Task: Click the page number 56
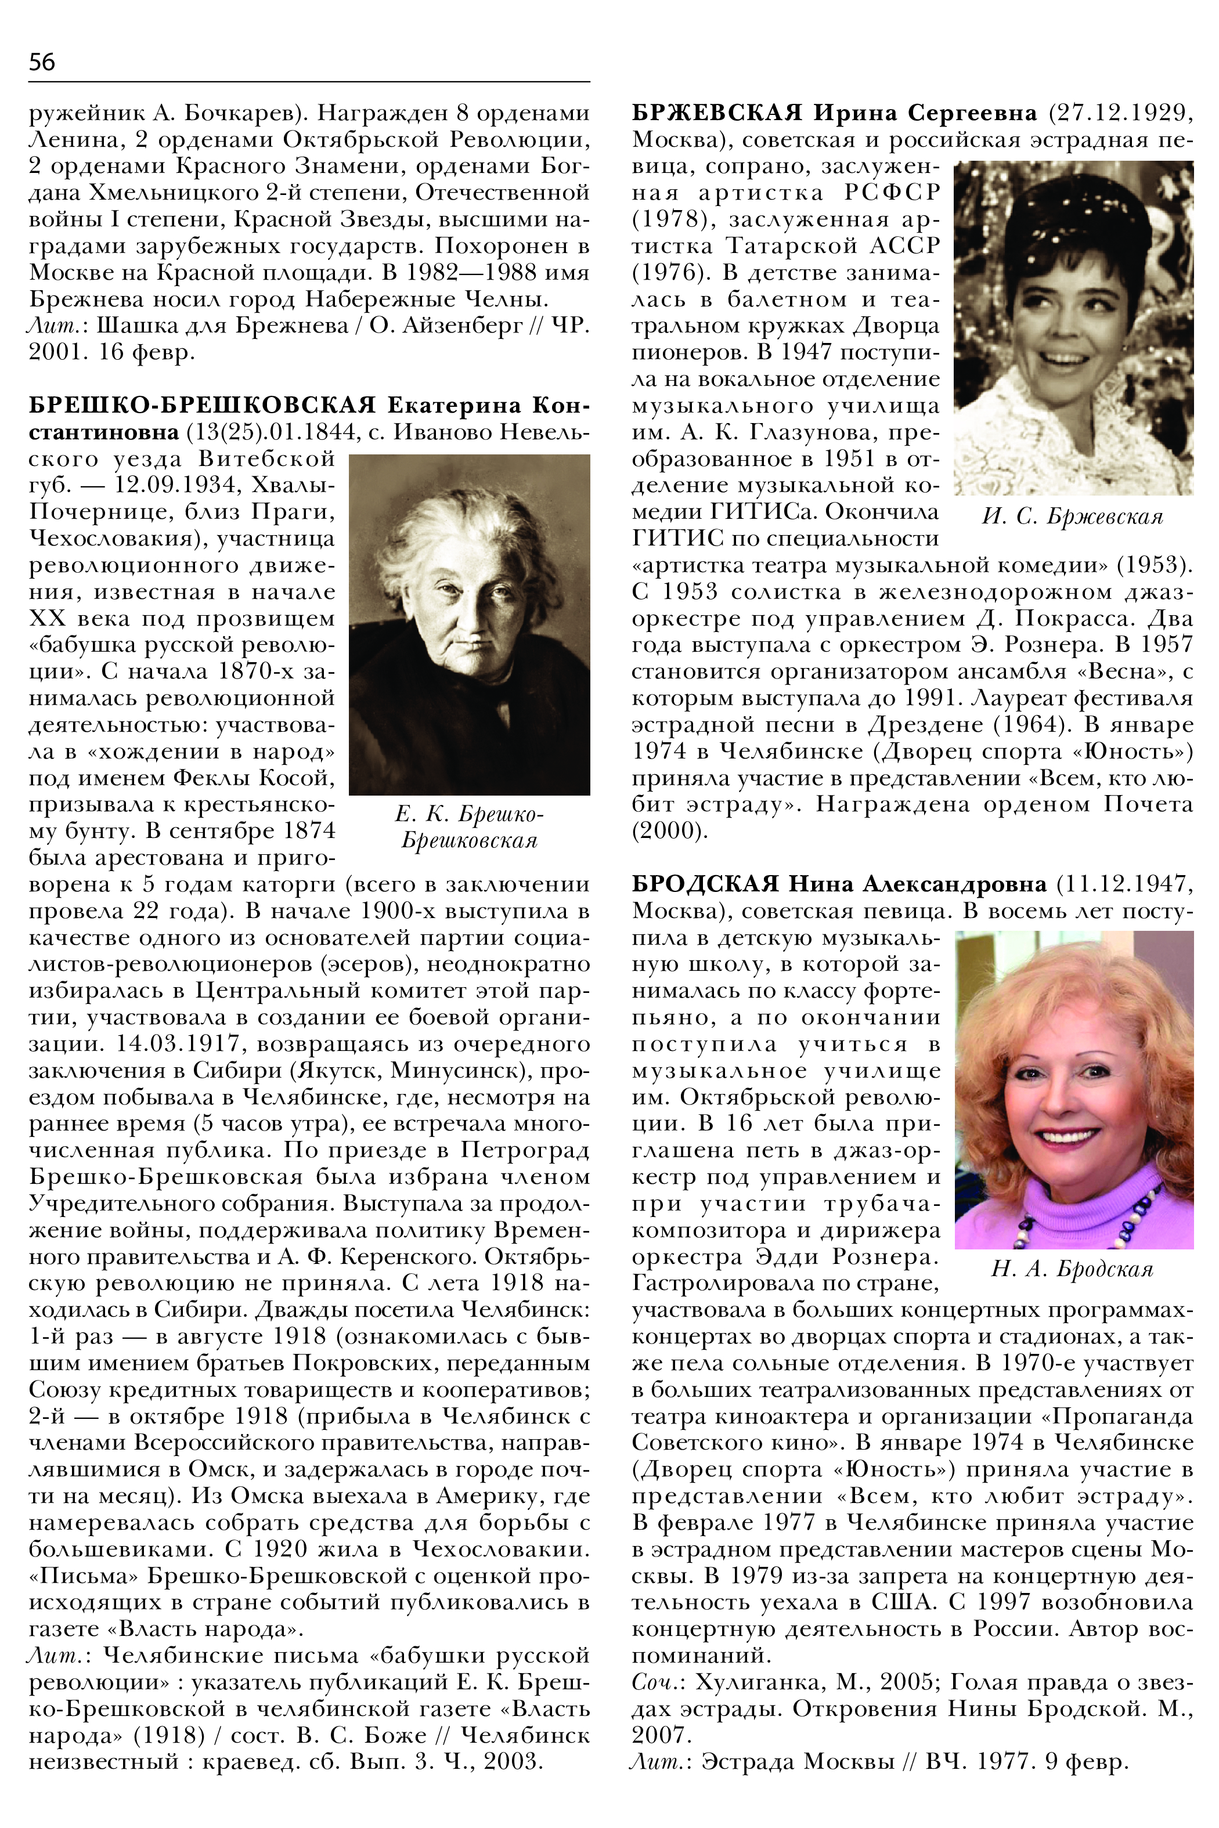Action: [x=41, y=62]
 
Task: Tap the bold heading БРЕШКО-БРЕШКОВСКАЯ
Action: [x=202, y=406]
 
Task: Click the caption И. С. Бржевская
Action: [x=1072, y=517]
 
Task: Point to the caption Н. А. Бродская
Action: [x=1072, y=1269]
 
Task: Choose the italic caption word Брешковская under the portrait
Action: [x=469, y=841]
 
